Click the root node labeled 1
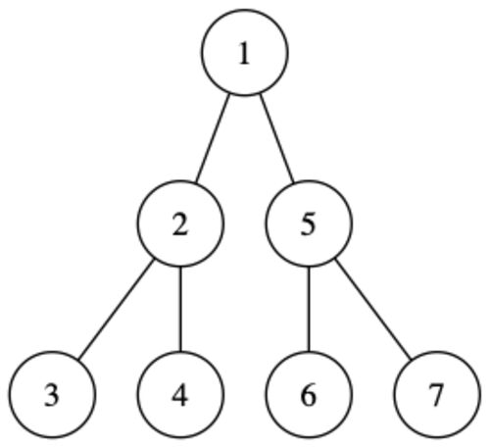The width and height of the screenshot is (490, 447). [x=245, y=52]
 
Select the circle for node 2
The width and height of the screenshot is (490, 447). [x=180, y=223]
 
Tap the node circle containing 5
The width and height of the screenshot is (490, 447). [x=309, y=223]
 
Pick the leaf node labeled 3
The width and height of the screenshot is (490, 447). [x=52, y=394]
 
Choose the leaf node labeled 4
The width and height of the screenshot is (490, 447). [x=180, y=394]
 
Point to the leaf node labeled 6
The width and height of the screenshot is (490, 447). [x=309, y=394]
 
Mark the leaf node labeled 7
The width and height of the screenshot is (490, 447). [x=437, y=394]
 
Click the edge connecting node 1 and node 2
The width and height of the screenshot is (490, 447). [x=213, y=138]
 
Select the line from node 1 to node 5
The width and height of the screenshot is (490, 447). [x=276, y=138]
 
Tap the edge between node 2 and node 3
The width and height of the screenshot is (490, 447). [x=117, y=309]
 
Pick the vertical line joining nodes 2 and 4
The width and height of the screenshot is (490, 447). [x=180, y=309]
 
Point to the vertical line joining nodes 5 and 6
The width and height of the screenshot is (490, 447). [x=309, y=309]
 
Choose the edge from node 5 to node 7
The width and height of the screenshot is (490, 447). [x=372, y=309]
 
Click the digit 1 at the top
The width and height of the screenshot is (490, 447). [x=244, y=54]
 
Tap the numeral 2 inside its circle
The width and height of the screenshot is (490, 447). [x=180, y=224]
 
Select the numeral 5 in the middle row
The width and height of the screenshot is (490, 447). [x=309, y=224]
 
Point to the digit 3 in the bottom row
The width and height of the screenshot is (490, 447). [x=52, y=396]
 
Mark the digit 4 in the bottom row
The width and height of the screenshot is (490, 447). [x=180, y=395]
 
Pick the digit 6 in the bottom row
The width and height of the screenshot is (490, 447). [x=309, y=396]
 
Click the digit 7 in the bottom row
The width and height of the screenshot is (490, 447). [x=437, y=396]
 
